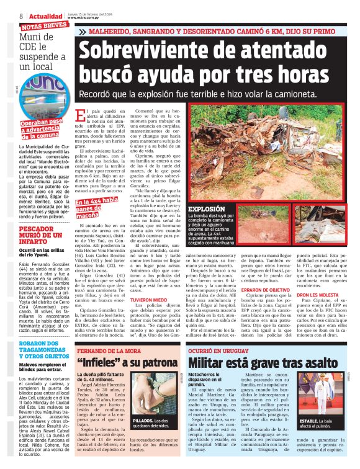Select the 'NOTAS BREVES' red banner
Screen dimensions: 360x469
(44, 27)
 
